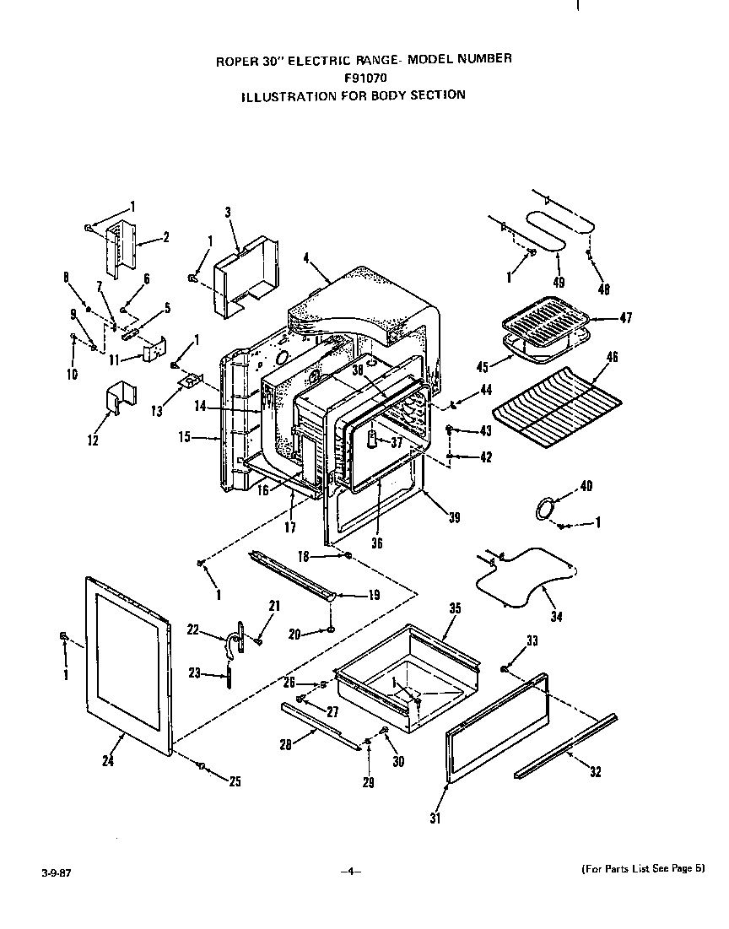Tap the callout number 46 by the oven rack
click(613, 358)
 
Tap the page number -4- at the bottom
click(351, 871)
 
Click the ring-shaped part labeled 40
click(547, 508)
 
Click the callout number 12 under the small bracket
click(92, 440)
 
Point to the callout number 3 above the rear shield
click(228, 212)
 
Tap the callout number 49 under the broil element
click(558, 282)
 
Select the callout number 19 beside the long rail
click(373, 595)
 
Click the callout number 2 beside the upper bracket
click(165, 237)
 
